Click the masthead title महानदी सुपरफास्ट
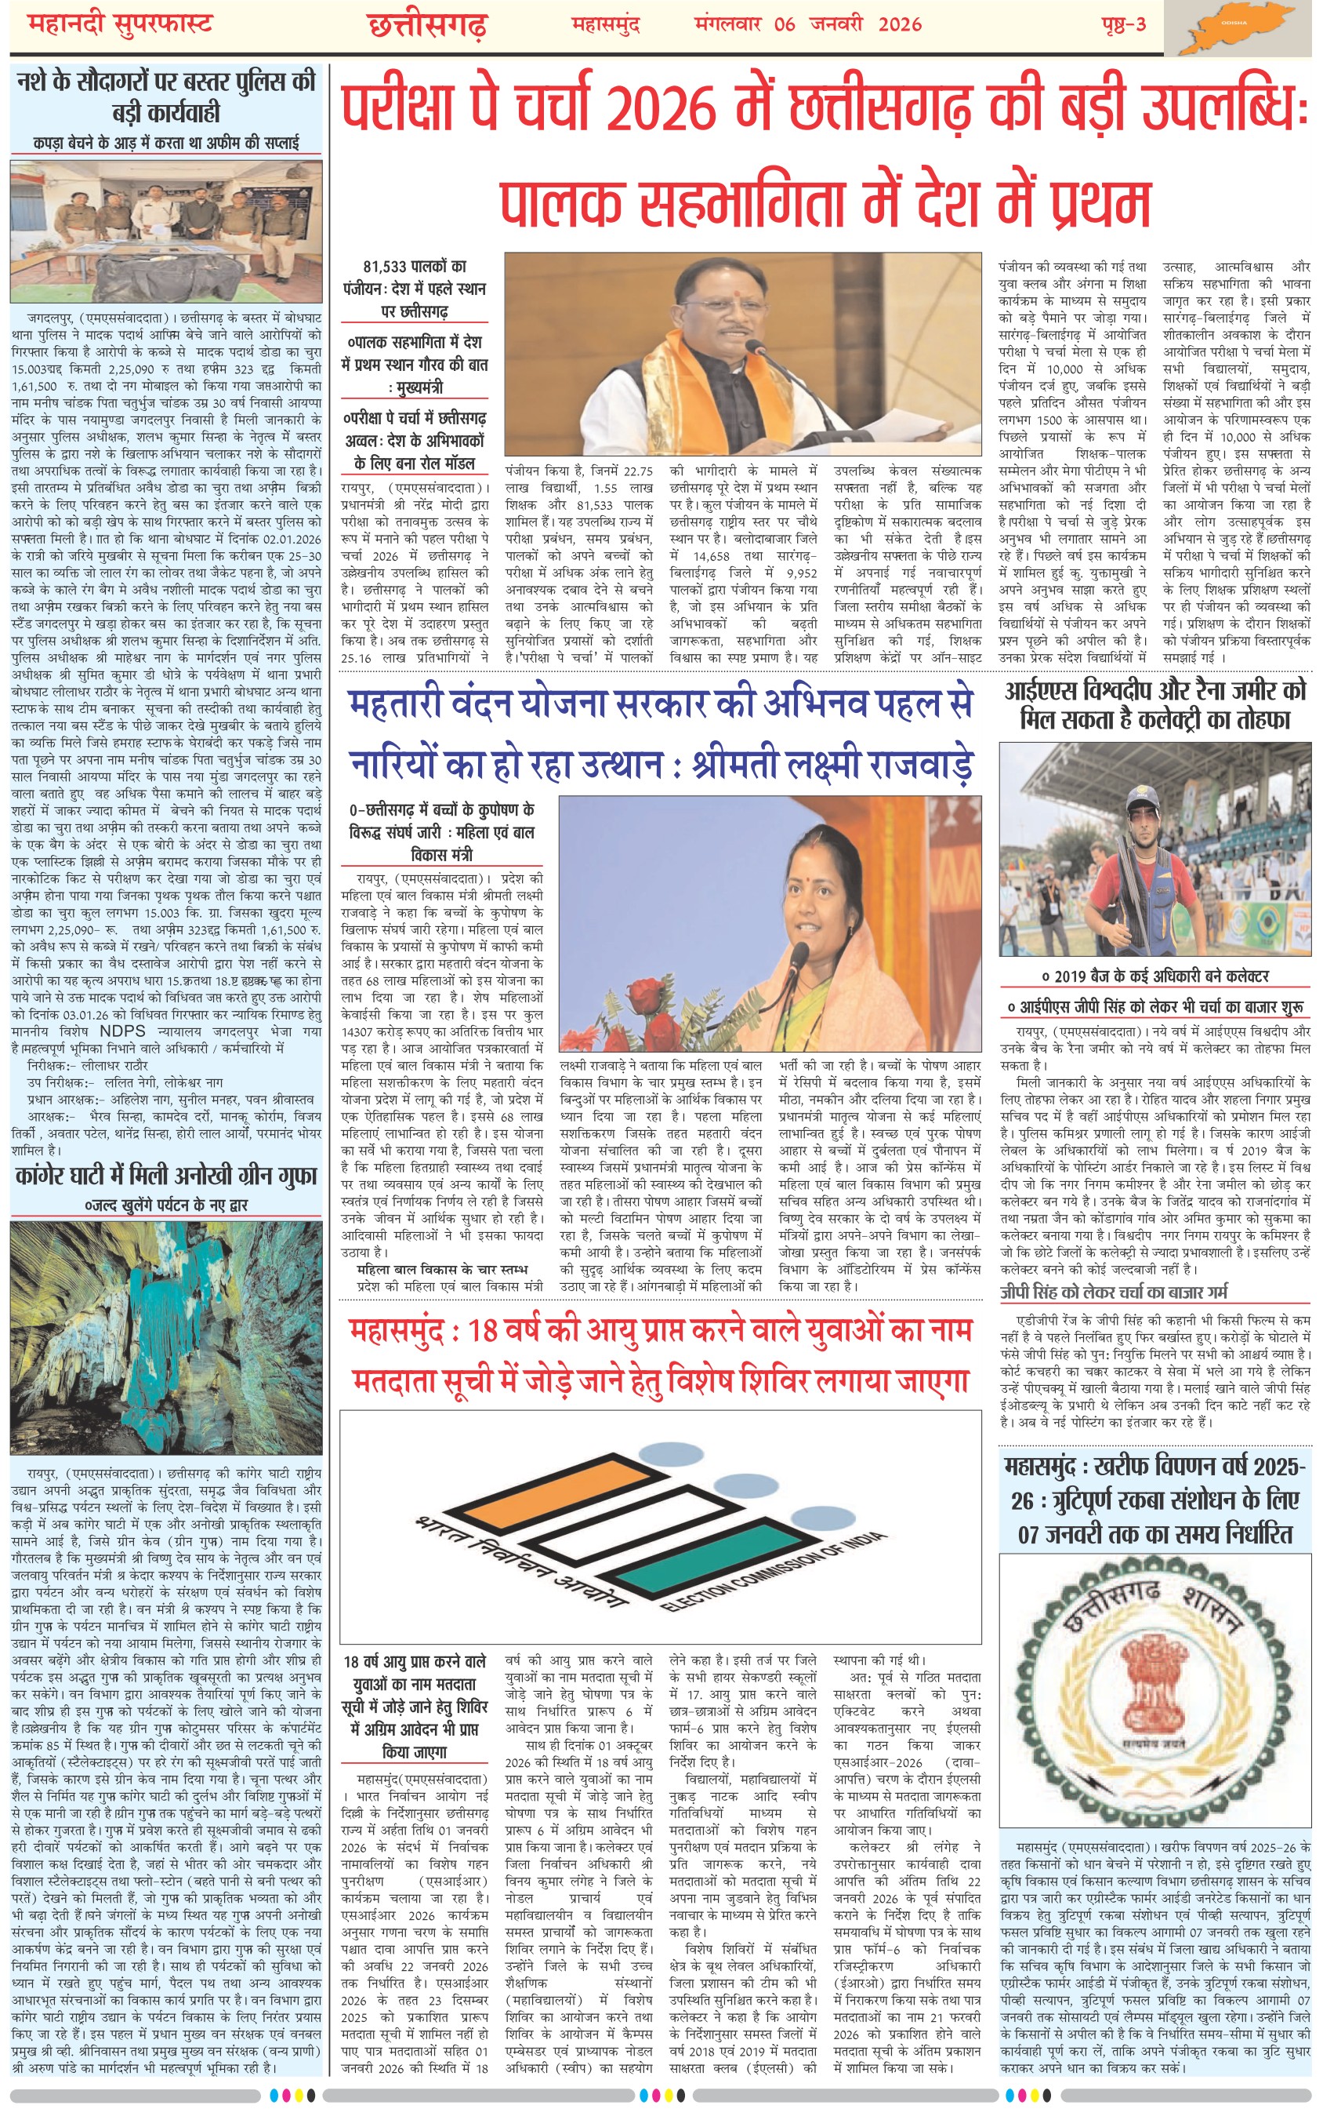(121, 24)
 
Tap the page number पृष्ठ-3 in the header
(1123, 24)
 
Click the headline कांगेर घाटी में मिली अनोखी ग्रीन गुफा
(166, 1176)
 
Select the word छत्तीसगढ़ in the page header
(426, 25)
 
